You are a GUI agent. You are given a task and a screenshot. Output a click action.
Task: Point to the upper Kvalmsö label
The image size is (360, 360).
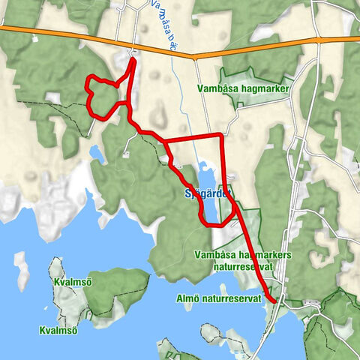pyautogui.click(x=73, y=282)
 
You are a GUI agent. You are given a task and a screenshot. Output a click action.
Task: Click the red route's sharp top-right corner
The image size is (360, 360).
pyautogui.click(x=221, y=136)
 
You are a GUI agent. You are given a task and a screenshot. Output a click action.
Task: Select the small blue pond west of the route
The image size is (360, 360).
pyautogui.click(x=97, y=154)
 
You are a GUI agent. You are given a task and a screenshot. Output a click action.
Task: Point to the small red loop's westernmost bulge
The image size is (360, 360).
pyautogui.click(x=87, y=95)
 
